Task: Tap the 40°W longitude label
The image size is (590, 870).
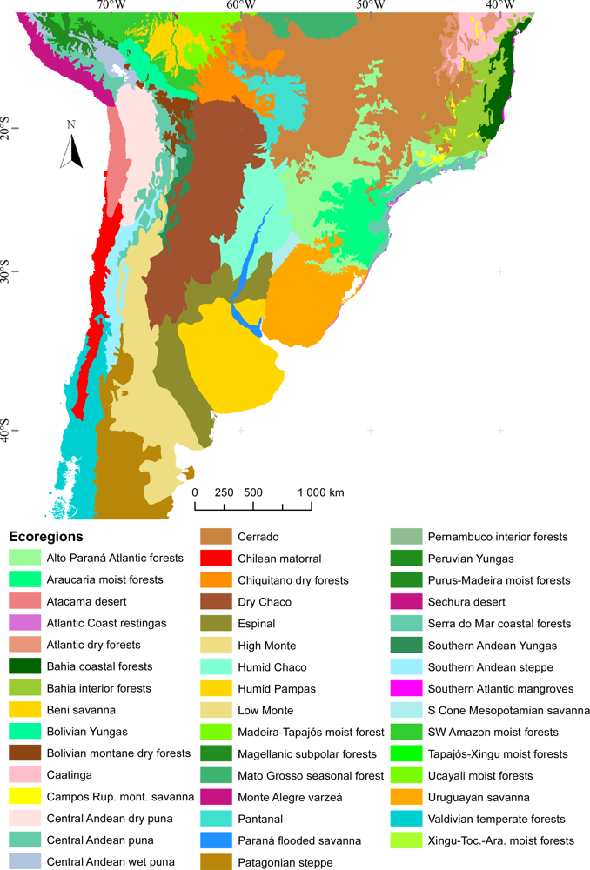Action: [x=500, y=5]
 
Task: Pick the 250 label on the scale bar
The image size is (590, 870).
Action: [x=224, y=492]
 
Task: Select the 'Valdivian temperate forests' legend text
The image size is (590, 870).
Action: [x=496, y=819]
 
